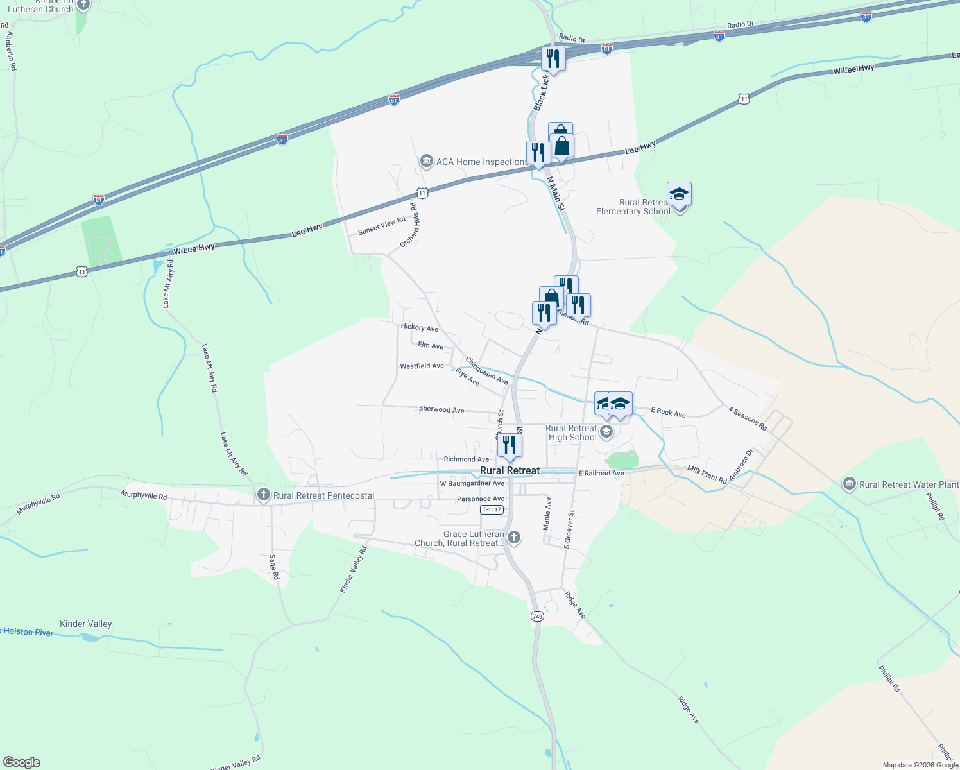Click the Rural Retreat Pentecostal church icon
264,495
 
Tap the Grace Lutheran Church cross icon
513,538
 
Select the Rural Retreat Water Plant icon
850,484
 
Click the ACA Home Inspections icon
426,162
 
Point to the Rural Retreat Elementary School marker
679,194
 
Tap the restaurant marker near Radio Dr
553,59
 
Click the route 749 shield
537,616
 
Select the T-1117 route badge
492,509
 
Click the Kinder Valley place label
85,624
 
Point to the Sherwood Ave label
441,409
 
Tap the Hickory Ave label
419,327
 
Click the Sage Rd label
274,567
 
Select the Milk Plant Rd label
707,475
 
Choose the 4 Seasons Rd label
748,418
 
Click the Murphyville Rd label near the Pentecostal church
144,495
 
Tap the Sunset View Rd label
382,225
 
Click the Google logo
22,762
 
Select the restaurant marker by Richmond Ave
510,445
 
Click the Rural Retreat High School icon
606,432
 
